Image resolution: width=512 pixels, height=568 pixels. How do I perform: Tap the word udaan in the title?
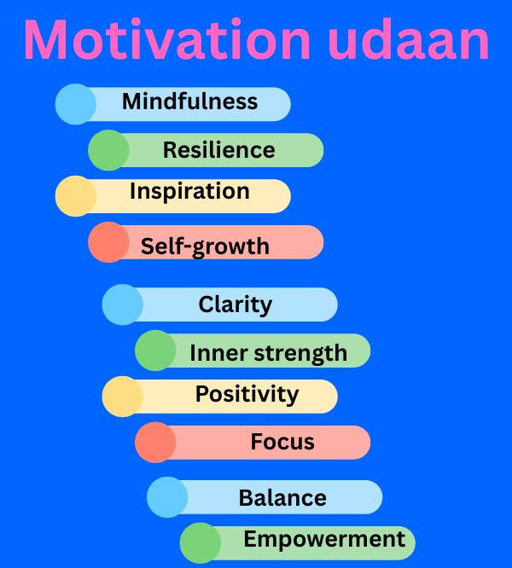(x=409, y=38)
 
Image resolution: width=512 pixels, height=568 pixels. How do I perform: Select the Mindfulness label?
(x=190, y=101)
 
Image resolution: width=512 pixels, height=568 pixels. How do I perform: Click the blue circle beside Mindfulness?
(x=76, y=104)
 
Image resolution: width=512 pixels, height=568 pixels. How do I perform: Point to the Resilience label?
(x=218, y=149)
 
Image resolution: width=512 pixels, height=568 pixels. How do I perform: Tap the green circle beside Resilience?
(x=108, y=150)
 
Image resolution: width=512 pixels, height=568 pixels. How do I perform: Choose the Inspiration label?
(x=190, y=191)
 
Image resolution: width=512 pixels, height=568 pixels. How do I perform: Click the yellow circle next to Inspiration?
(x=76, y=196)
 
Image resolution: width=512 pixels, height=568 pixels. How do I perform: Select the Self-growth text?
(x=205, y=247)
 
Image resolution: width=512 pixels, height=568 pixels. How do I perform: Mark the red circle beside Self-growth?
(x=108, y=242)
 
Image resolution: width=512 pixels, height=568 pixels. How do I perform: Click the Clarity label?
(x=236, y=305)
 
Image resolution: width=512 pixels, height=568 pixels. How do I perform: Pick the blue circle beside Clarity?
(x=123, y=304)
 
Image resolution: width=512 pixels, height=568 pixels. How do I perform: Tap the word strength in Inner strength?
(x=300, y=354)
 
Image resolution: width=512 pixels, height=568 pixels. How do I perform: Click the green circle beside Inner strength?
(x=155, y=351)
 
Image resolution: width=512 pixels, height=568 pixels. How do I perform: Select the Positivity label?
(x=247, y=395)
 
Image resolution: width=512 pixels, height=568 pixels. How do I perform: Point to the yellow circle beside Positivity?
(x=123, y=397)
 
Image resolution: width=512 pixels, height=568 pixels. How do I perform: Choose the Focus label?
(x=282, y=442)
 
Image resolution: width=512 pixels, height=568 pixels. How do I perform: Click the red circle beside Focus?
(x=155, y=443)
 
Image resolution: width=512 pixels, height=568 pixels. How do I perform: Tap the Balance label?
(x=282, y=498)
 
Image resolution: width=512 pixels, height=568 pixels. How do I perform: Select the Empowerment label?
(x=324, y=539)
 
